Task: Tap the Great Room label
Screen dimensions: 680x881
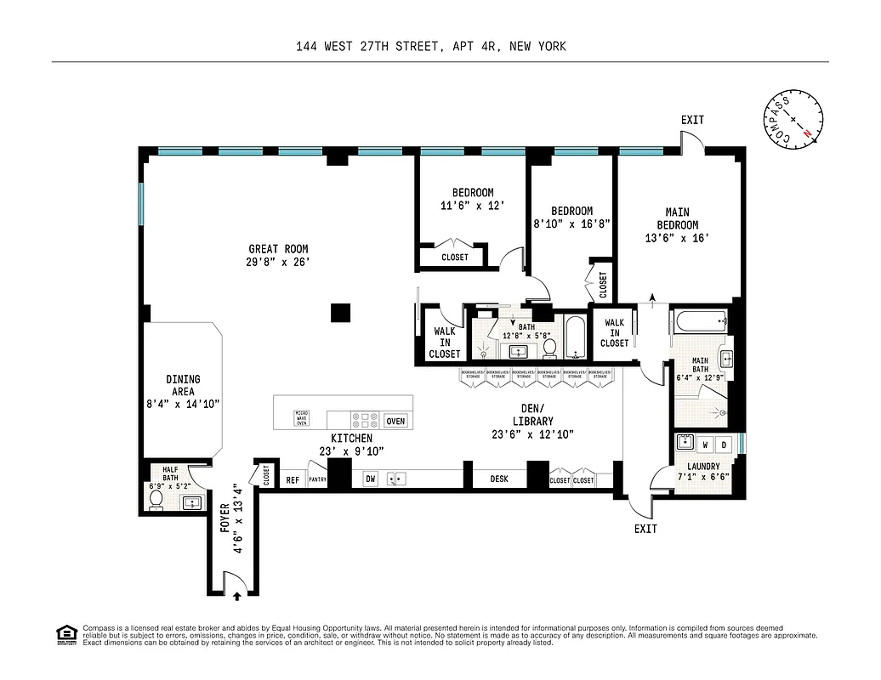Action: click(x=278, y=249)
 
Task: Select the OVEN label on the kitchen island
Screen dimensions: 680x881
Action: click(x=395, y=421)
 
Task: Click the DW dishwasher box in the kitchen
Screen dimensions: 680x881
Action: click(x=370, y=479)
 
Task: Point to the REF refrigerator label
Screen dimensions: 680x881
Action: click(x=293, y=480)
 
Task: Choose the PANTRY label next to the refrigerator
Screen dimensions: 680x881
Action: click(x=317, y=480)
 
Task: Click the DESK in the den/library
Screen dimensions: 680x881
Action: click(x=499, y=479)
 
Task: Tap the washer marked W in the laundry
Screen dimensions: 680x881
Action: click(x=705, y=445)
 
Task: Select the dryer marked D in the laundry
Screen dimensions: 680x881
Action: click(x=724, y=445)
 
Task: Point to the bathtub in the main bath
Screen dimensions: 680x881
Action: click(x=700, y=320)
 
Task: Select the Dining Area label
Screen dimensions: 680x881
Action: click(x=183, y=385)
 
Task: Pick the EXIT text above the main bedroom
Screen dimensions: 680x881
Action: click(x=692, y=120)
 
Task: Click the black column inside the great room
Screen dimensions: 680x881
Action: click(x=340, y=312)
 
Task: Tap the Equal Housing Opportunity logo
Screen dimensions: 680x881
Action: click(x=65, y=634)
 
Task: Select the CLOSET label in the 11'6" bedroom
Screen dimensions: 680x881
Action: click(x=454, y=258)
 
